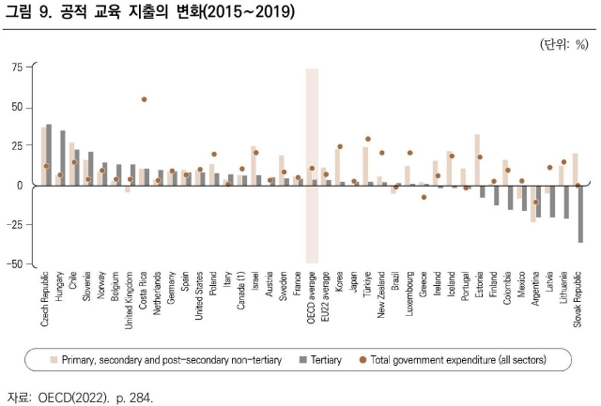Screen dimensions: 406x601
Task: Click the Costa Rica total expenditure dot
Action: (144, 99)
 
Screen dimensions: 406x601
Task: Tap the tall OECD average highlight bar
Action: (312, 165)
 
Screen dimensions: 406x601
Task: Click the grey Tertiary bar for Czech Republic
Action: (49, 155)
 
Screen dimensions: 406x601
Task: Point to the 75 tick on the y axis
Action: (19, 68)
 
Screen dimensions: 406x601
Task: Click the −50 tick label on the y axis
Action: (16, 264)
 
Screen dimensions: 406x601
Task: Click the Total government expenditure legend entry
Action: (452, 359)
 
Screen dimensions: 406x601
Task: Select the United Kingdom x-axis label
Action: (130, 305)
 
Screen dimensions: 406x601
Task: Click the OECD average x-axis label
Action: (312, 303)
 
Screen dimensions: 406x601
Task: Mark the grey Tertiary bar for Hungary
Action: (63, 158)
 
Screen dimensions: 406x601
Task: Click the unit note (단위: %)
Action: (563, 43)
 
